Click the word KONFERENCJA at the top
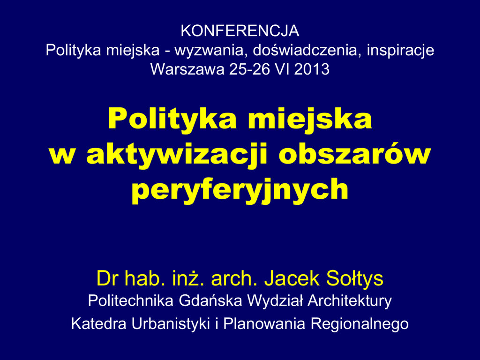(240, 30)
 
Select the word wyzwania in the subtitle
(211, 51)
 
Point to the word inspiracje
(400, 51)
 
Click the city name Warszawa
(187, 69)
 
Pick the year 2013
(312, 69)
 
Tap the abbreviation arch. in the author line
(234, 278)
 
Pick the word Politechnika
(131, 300)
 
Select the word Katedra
(98, 323)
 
